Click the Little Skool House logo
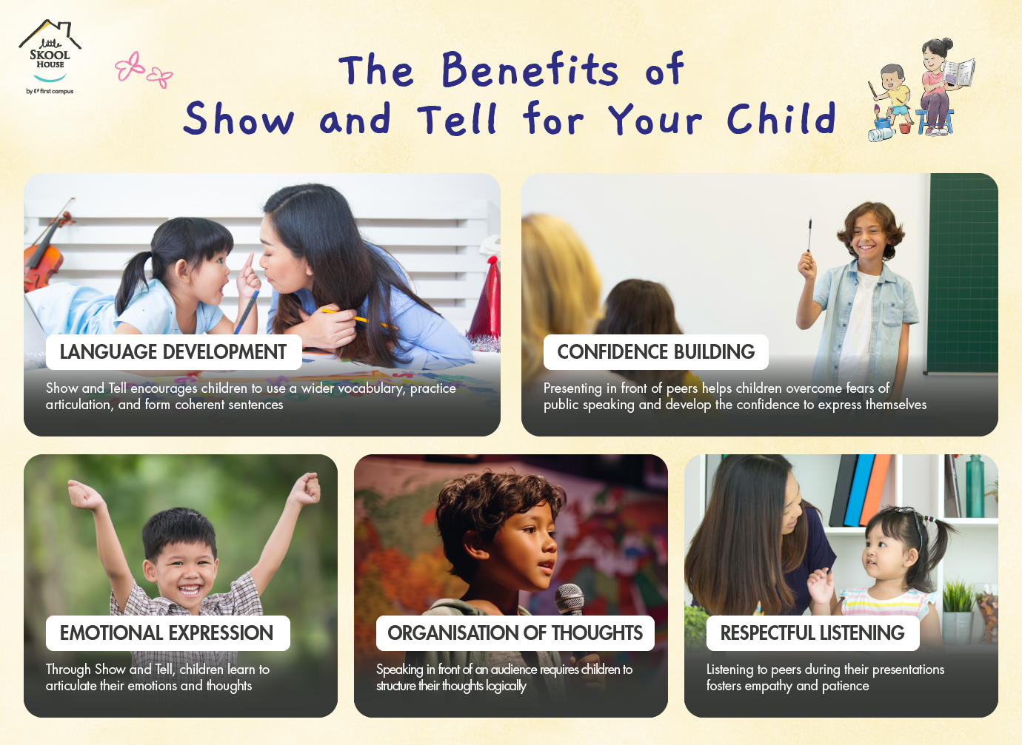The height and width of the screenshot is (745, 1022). (x=50, y=56)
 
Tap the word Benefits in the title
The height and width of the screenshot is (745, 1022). (x=530, y=70)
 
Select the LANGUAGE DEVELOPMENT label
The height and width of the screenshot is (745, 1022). (x=173, y=352)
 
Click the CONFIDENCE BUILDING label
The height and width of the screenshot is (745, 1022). (x=655, y=352)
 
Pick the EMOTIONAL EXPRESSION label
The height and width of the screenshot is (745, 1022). (x=167, y=633)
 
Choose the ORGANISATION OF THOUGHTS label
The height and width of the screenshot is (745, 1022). (x=515, y=633)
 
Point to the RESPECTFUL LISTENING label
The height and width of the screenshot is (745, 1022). (x=812, y=633)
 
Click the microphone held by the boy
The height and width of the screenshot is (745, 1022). (x=570, y=601)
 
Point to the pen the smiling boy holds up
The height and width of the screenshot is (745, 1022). (x=810, y=235)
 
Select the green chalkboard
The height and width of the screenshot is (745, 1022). (x=963, y=274)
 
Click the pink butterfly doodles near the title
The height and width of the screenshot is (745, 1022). (x=143, y=70)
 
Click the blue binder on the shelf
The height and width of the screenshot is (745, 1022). (x=858, y=491)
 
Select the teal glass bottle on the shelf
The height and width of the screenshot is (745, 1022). (x=975, y=486)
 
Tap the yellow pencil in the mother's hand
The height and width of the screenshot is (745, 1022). (x=359, y=319)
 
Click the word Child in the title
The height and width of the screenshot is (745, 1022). (x=781, y=118)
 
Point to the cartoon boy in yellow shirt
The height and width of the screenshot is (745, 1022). (x=892, y=98)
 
